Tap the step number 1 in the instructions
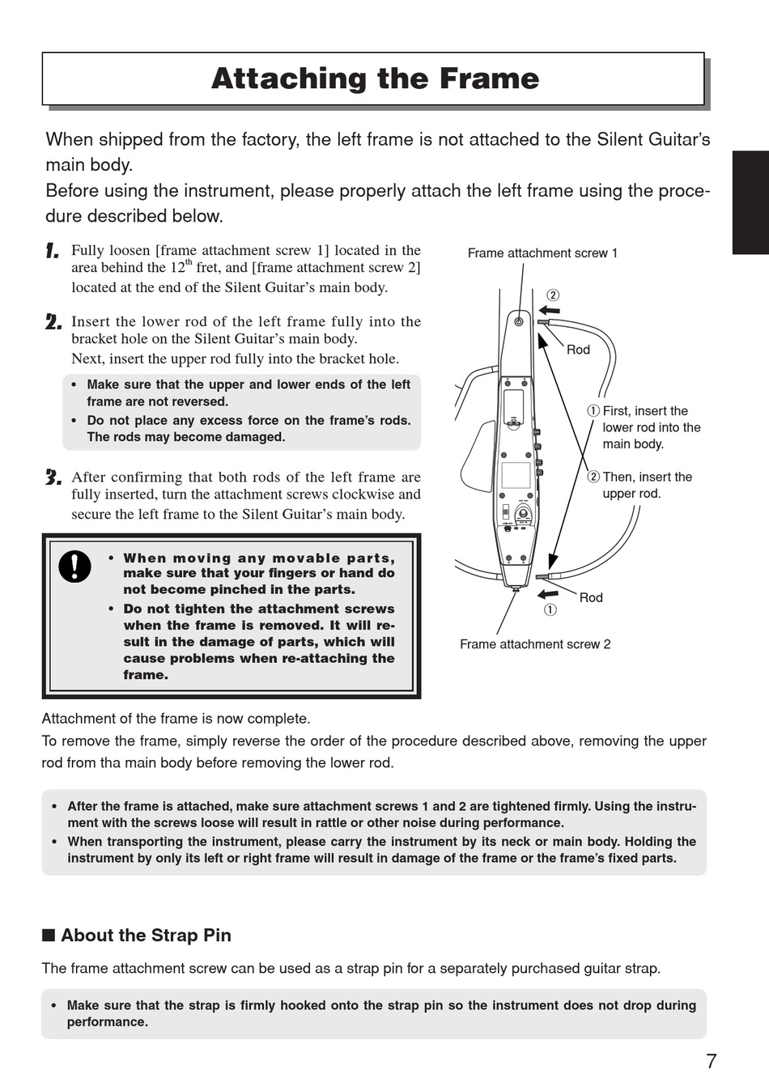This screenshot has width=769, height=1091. (x=53, y=251)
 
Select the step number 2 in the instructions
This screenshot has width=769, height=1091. (x=53, y=322)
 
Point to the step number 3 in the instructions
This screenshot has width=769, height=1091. (x=53, y=478)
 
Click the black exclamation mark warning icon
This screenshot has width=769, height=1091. (x=75, y=566)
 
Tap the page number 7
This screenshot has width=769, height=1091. (x=711, y=1061)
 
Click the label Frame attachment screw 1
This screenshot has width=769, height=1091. (x=542, y=253)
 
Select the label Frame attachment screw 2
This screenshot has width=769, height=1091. (x=535, y=644)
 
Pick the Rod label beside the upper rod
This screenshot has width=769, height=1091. (x=578, y=350)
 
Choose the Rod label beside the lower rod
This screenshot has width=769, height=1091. (x=591, y=597)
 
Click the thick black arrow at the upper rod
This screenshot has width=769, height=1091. (x=550, y=310)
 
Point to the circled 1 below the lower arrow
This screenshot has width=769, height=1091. (x=550, y=610)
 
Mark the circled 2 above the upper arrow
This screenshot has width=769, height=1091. (x=552, y=295)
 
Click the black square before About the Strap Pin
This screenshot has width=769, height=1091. (x=49, y=936)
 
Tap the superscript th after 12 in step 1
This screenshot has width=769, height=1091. (x=189, y=261)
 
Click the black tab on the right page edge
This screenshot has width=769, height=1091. (x=750, y=202)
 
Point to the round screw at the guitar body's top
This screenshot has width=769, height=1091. (x=518, y=322)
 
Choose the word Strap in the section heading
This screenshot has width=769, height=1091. (x=174, y=936)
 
